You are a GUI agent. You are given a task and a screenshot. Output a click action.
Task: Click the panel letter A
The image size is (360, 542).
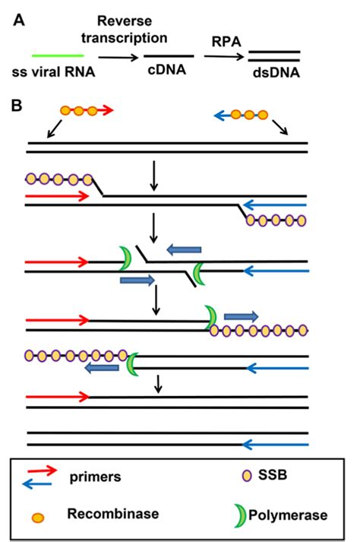[x=19, y=21]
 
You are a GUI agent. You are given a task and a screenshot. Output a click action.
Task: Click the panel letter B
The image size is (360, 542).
[x=17, y=106]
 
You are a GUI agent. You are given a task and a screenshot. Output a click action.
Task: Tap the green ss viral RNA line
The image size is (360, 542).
[x=58, y=55]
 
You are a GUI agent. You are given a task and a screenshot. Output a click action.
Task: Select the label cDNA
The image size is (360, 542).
[x=167, y=70]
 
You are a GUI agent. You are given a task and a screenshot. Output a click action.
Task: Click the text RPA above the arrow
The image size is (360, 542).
[x=226, y=42]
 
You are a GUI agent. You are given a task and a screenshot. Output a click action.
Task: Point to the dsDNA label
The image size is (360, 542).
[x=276, y=72]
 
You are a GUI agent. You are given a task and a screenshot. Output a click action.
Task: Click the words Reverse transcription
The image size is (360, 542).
[x=125, y=30]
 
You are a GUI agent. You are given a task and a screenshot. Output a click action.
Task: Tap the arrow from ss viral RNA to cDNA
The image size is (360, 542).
[x=118, y=57]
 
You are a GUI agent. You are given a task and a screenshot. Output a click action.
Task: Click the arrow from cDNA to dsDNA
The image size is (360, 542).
[x=224, y=56]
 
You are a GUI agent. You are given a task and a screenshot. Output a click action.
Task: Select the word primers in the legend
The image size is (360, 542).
[x=96, y=477]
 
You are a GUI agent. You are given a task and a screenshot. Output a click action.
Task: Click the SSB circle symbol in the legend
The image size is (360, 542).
[x=247, y=476]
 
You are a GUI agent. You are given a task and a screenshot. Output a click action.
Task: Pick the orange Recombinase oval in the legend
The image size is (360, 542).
[x=38, y=518]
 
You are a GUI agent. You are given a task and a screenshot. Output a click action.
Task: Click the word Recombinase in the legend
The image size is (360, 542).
[x=113, y=514]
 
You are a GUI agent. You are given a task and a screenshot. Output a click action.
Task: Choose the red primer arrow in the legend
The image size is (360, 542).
[x=42, y=471]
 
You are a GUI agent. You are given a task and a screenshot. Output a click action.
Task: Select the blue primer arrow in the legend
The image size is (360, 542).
[x=36, y=484]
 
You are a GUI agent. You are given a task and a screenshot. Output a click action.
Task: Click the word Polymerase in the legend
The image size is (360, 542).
[x=288, y=515]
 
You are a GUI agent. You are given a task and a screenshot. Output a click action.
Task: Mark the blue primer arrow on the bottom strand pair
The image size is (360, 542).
[x=276, y=445]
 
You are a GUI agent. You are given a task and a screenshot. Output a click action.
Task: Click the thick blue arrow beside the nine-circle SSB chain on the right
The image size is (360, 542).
[x=242, y=316]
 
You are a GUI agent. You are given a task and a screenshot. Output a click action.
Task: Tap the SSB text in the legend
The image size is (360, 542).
[x=273, y=475]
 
